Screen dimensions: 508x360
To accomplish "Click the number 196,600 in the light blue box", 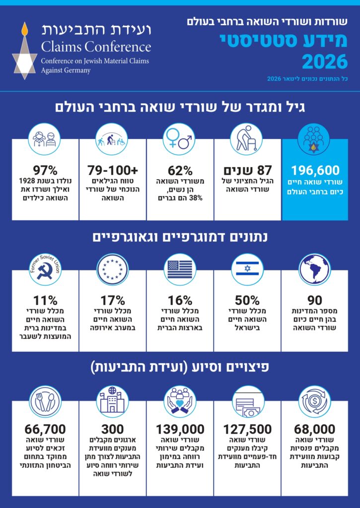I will (315, 170).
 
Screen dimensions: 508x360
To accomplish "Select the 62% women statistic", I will (180, 170).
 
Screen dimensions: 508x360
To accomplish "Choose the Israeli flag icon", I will (247, 268).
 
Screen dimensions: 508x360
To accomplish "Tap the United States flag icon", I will (180, 268).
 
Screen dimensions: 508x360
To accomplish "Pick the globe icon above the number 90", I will (315, 268).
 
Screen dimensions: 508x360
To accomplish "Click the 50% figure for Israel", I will (247, 300).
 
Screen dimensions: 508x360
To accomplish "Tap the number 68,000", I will (315, 429).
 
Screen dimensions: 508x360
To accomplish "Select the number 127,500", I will (247, 429).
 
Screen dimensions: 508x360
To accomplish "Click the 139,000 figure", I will (180, 429).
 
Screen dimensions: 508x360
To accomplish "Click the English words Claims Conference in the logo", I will (96, 47).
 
